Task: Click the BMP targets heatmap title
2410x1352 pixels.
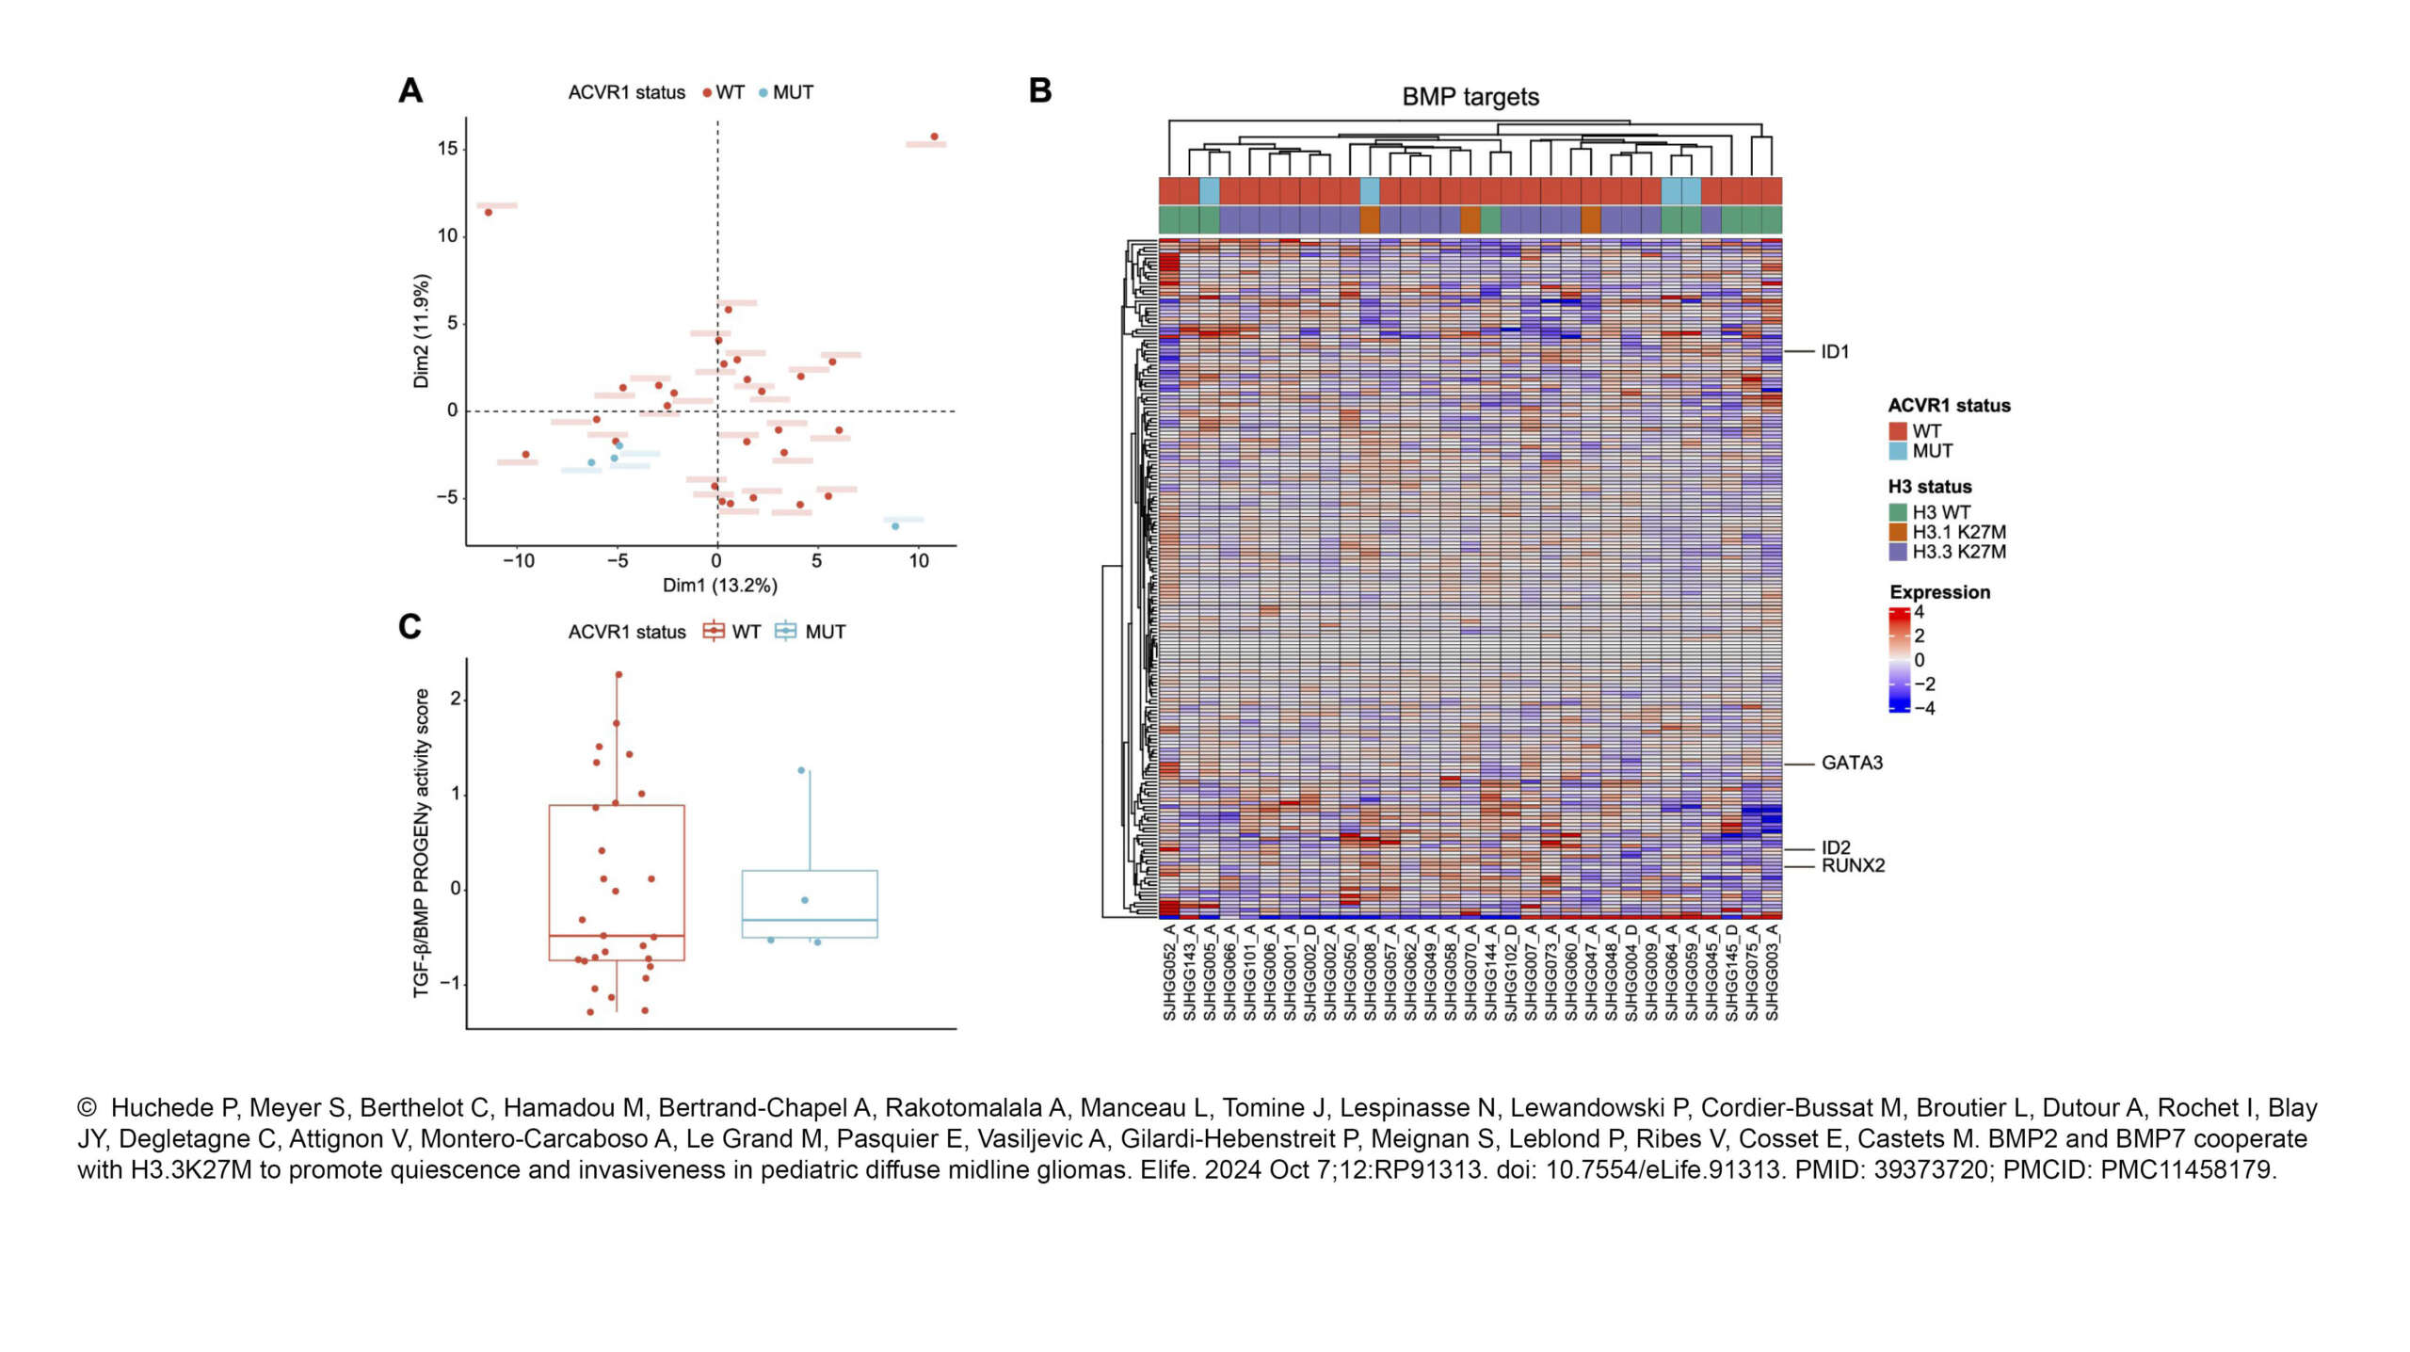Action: [1470, 97]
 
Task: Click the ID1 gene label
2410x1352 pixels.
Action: [1834, 351]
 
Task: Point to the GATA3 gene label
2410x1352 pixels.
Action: [1851, 763]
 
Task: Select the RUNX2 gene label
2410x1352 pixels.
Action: [1852, 865]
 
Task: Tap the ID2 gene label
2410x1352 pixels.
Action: [1835, 846]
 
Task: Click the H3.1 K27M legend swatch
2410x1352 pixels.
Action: [1897, 532]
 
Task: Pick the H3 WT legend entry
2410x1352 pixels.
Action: [1940, 512]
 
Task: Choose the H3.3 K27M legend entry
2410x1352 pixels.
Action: [1957, 552]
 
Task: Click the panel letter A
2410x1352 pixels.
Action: [410, 91]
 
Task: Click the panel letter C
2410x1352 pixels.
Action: [410, 627]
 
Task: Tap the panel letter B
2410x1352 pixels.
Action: [1039, 91]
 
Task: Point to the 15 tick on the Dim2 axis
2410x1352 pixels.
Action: [447, 149]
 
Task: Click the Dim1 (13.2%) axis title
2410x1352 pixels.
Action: [719, 586]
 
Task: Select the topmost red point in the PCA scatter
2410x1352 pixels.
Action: [934, 137]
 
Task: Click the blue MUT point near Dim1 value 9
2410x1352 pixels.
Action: [894, 526]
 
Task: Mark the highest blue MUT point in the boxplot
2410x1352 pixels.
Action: [801, 770]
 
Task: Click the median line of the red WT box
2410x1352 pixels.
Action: [617, 936]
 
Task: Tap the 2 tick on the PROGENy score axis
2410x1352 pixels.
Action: [456, 699]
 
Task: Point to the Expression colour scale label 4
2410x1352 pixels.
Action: [1919, 612]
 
